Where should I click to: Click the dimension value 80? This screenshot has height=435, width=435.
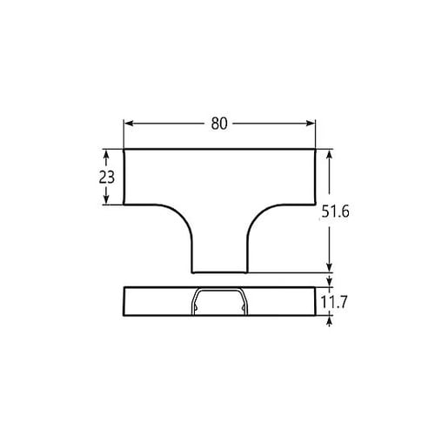coord(218,124)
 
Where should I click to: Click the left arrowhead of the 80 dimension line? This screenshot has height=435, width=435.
coord(127,124)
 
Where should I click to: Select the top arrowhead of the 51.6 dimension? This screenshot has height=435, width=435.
coord(330,154)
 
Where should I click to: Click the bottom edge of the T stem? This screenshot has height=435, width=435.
coord(219,271)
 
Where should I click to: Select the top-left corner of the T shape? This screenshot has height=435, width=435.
coord(124,150)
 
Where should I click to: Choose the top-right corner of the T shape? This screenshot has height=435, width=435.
coord(315,150)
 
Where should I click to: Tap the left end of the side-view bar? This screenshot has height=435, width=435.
coord(124,301)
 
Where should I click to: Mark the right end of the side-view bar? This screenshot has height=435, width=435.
coord(314,301)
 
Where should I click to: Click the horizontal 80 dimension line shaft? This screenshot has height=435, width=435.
coord(174,124)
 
